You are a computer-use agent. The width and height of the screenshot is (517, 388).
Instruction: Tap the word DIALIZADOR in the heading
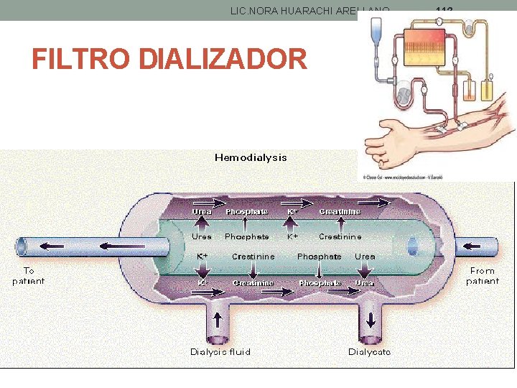tap(223, 58)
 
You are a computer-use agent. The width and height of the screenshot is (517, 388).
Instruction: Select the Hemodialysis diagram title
tap(251, 157)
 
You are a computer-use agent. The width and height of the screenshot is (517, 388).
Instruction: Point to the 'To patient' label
tap(28, 276)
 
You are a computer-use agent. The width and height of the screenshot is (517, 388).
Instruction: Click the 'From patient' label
tap(483, 276)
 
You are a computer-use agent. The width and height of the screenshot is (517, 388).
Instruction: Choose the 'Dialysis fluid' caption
tap(220, 351)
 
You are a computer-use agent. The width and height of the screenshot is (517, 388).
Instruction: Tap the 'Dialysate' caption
tap(370, 351)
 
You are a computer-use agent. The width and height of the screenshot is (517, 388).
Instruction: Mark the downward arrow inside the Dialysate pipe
tap(371, 319)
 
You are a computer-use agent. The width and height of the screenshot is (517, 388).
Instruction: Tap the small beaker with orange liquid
tap(470, 93)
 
